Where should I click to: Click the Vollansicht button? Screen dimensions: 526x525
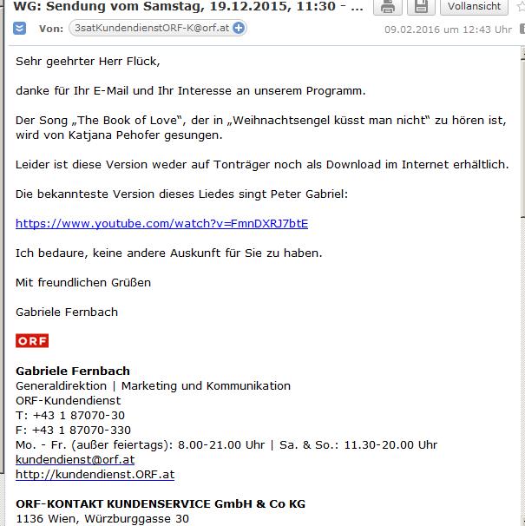coord(475,6)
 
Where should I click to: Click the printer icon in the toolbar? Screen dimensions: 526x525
coord(388,6)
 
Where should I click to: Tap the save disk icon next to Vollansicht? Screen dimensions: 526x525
coord(422,6)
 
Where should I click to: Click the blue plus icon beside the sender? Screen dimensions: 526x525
coord(239,29)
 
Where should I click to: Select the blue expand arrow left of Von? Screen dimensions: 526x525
coord(20,29)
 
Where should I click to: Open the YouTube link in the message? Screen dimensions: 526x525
coord(161,223)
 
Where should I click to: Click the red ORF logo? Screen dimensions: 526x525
coord(32,340)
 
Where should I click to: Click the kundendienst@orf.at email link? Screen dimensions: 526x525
coord(75,459)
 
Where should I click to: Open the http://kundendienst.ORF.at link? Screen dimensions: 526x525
coord(95,475)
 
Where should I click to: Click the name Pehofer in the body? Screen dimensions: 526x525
coord(187,135)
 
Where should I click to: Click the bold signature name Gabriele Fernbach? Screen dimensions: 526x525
coord(73,371)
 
